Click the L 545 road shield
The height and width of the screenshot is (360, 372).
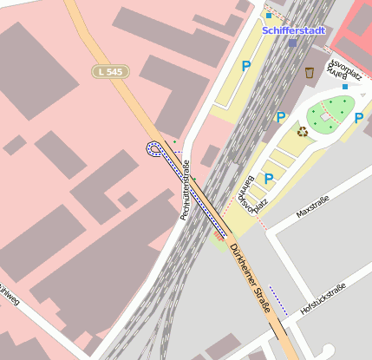click(x=108, y=72)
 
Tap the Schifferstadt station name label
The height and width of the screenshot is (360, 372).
click(x=294, y=31)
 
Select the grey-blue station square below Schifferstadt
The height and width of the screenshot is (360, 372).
click(x=293, y=42)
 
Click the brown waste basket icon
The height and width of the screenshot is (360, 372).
click(x=309, y=72)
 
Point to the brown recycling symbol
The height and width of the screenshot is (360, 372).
click(x=303, y=132)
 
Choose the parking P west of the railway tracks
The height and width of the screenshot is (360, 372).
click(x=246, y=65)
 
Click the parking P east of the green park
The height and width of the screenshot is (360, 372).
click(x=359, y=118)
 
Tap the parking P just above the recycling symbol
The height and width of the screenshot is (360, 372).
click(x=280, y=117)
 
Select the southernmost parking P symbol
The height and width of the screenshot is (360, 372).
click(x=268, y=179)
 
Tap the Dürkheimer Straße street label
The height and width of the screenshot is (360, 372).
click(x=250, y=278)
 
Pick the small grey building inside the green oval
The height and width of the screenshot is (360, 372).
click(x=326, y=115)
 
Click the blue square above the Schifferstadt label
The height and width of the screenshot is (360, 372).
click(x=269, y=16)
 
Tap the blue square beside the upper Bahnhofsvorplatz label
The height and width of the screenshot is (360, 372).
click(x=345, y=87)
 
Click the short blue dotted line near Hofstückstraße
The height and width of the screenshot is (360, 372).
click(x=278, y=300)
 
